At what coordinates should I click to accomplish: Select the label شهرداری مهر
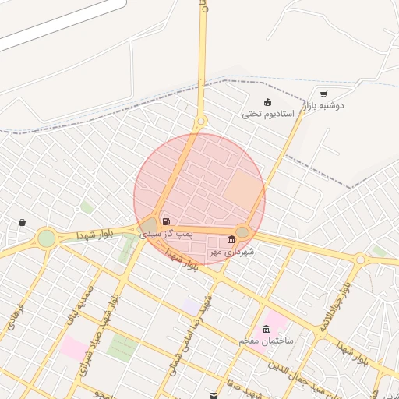tap(232, 252)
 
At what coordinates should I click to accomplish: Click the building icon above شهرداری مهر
tap(231, 239)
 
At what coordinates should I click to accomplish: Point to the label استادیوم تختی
tap(267, 114)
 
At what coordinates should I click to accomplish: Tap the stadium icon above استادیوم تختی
tap(268, 102)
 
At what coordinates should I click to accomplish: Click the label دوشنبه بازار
tap(324, 105)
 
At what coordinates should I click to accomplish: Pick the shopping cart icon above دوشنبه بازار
tap(323, 94)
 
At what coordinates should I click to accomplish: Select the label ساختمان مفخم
tap(267, 341)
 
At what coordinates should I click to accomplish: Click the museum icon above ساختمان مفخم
tap(267, 329)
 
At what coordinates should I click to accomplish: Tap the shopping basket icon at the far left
tap(22, 223)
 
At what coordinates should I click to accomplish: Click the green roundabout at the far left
tap(47, 238)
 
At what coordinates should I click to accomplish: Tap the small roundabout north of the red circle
tap(200, 122)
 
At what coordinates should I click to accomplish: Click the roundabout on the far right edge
tap(360, 260)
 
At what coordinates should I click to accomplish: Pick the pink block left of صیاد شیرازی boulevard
tap(73, 347)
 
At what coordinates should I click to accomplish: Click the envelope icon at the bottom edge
tap(215, 395)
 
